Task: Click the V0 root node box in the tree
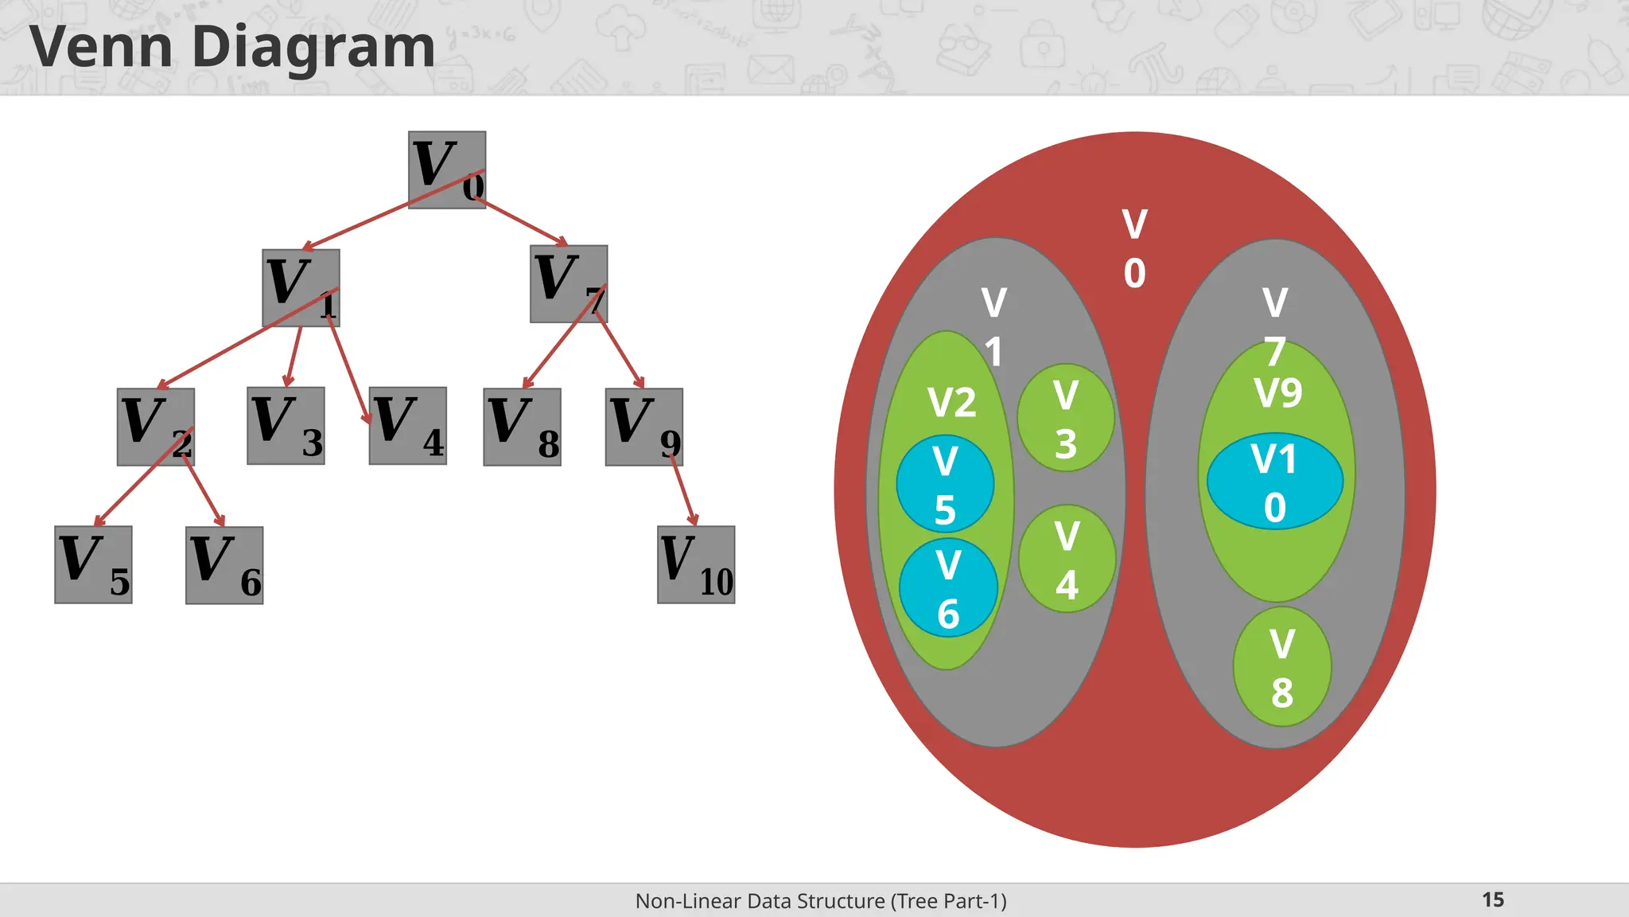446,170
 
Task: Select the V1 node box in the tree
301,287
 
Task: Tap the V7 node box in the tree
568,283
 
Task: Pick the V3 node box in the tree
286,426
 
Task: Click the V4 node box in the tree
407,426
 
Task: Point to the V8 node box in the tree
522,427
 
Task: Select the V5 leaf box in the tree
93,564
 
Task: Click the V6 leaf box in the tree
224,565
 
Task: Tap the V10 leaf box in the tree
696,564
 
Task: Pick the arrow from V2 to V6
204,494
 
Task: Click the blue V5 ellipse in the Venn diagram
945,483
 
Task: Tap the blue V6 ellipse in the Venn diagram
948,588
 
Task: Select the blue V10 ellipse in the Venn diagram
1274,481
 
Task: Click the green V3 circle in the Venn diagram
1066,418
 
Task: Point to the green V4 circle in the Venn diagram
1067,559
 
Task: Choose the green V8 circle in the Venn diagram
1281,666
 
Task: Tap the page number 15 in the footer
1492,899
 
